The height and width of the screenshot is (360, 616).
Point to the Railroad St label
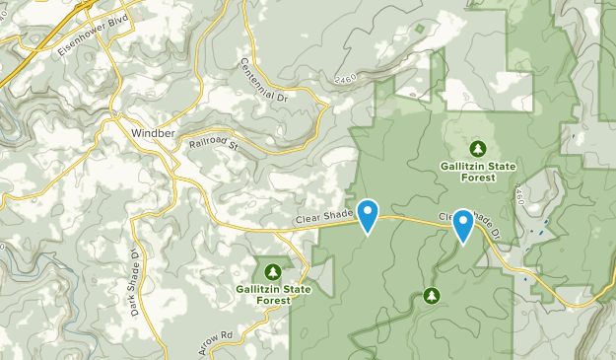pyautogui.click(x=214, y=144)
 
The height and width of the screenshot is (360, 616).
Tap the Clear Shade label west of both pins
pyautogui.click(x=323, y=219)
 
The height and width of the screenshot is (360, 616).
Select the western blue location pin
pyautogui.click(x=368, y=215)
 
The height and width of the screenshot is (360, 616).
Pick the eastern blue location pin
pyautogui.click(x=462, y=225)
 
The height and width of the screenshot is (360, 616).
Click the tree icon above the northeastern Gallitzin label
pyautogui.click(x=478, y=149)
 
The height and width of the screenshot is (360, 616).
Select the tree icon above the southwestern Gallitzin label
pyautogui.click(x=272, y=271)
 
